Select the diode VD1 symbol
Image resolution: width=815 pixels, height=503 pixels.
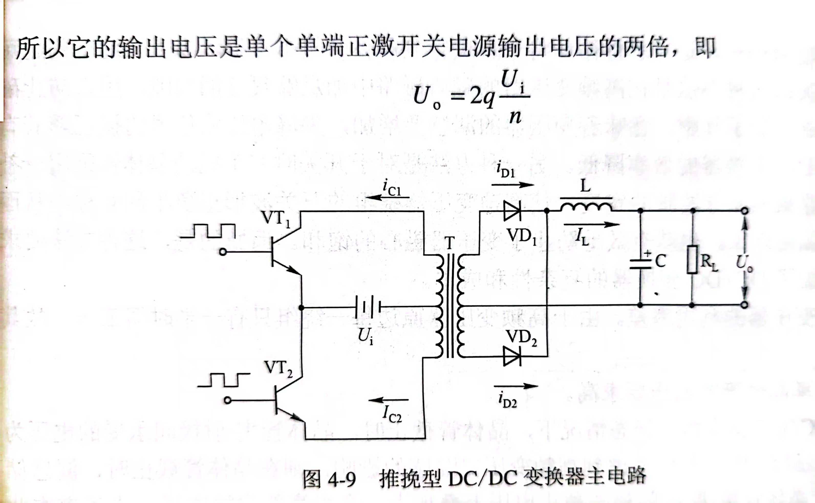512,211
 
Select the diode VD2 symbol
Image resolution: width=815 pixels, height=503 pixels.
512,356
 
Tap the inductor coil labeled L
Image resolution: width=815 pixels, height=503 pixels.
586,207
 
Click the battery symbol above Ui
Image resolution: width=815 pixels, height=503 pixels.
368,307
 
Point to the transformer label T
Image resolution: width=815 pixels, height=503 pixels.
449,243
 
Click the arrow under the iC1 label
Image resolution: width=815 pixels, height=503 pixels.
387,198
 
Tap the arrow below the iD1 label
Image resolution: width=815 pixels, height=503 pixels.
512,185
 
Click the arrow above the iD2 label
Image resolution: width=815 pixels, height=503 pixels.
516,386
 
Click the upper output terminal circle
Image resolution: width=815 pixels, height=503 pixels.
745,211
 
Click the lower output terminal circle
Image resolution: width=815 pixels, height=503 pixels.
745,305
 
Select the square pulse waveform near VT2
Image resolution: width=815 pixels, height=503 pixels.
224,380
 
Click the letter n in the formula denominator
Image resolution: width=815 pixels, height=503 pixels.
515,116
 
